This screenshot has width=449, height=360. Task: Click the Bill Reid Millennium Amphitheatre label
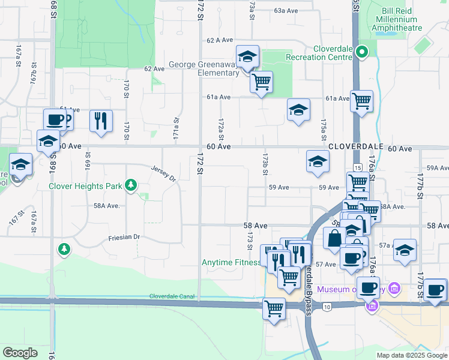pos(399,19)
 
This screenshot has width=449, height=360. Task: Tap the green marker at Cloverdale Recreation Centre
pos(362,52)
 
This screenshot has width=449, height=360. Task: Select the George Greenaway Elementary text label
pos(203,69)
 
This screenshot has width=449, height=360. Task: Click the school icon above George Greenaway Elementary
pos(247,57)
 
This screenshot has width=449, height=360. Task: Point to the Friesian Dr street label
pos(124,238)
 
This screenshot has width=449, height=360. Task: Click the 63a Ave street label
pos(286,11)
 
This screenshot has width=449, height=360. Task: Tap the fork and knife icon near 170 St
pos(101,121)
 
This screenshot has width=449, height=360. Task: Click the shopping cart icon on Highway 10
pos(274,309)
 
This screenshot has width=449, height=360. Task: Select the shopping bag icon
pos(333,238)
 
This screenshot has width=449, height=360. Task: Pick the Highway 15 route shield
pos(358,168)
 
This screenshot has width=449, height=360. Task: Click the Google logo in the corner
pos(20,352)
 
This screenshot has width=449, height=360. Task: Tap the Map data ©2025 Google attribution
pos(411,355)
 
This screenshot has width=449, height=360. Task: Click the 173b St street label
pos(264,163)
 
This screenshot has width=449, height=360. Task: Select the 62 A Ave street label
pos(219,40)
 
